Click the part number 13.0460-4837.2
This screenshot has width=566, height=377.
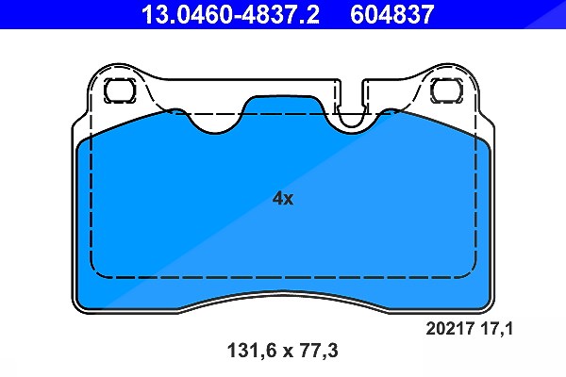coord(230,14)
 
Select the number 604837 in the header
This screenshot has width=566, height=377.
coord(392,14)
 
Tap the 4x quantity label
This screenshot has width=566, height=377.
coord(283,198)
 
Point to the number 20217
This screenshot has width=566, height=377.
coord(450,329)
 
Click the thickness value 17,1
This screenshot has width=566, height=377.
coord(496,329)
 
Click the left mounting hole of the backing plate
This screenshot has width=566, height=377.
coord(120,90)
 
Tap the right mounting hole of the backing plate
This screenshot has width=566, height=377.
coord(446,90)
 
